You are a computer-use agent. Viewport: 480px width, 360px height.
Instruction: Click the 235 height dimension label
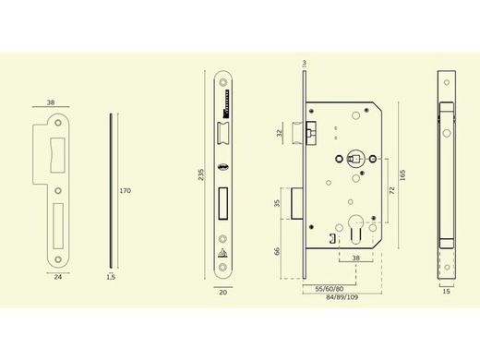coord(200,174)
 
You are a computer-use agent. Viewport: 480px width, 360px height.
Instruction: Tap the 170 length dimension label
coord(126,191)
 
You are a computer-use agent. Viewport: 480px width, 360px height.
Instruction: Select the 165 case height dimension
coord(402,175)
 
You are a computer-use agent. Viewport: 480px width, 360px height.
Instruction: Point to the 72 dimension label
coord(392,190)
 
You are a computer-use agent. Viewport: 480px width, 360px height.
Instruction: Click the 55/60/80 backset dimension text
coord(330,289)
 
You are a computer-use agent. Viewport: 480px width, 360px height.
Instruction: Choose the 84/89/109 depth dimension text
coord(342,297)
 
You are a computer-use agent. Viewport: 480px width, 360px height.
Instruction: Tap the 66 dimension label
coord(277,251)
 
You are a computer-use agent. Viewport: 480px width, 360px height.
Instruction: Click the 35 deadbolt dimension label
coord(277,203)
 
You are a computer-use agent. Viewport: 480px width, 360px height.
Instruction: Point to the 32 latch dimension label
coord(280,133)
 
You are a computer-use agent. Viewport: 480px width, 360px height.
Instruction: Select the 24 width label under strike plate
coord(58,277)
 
